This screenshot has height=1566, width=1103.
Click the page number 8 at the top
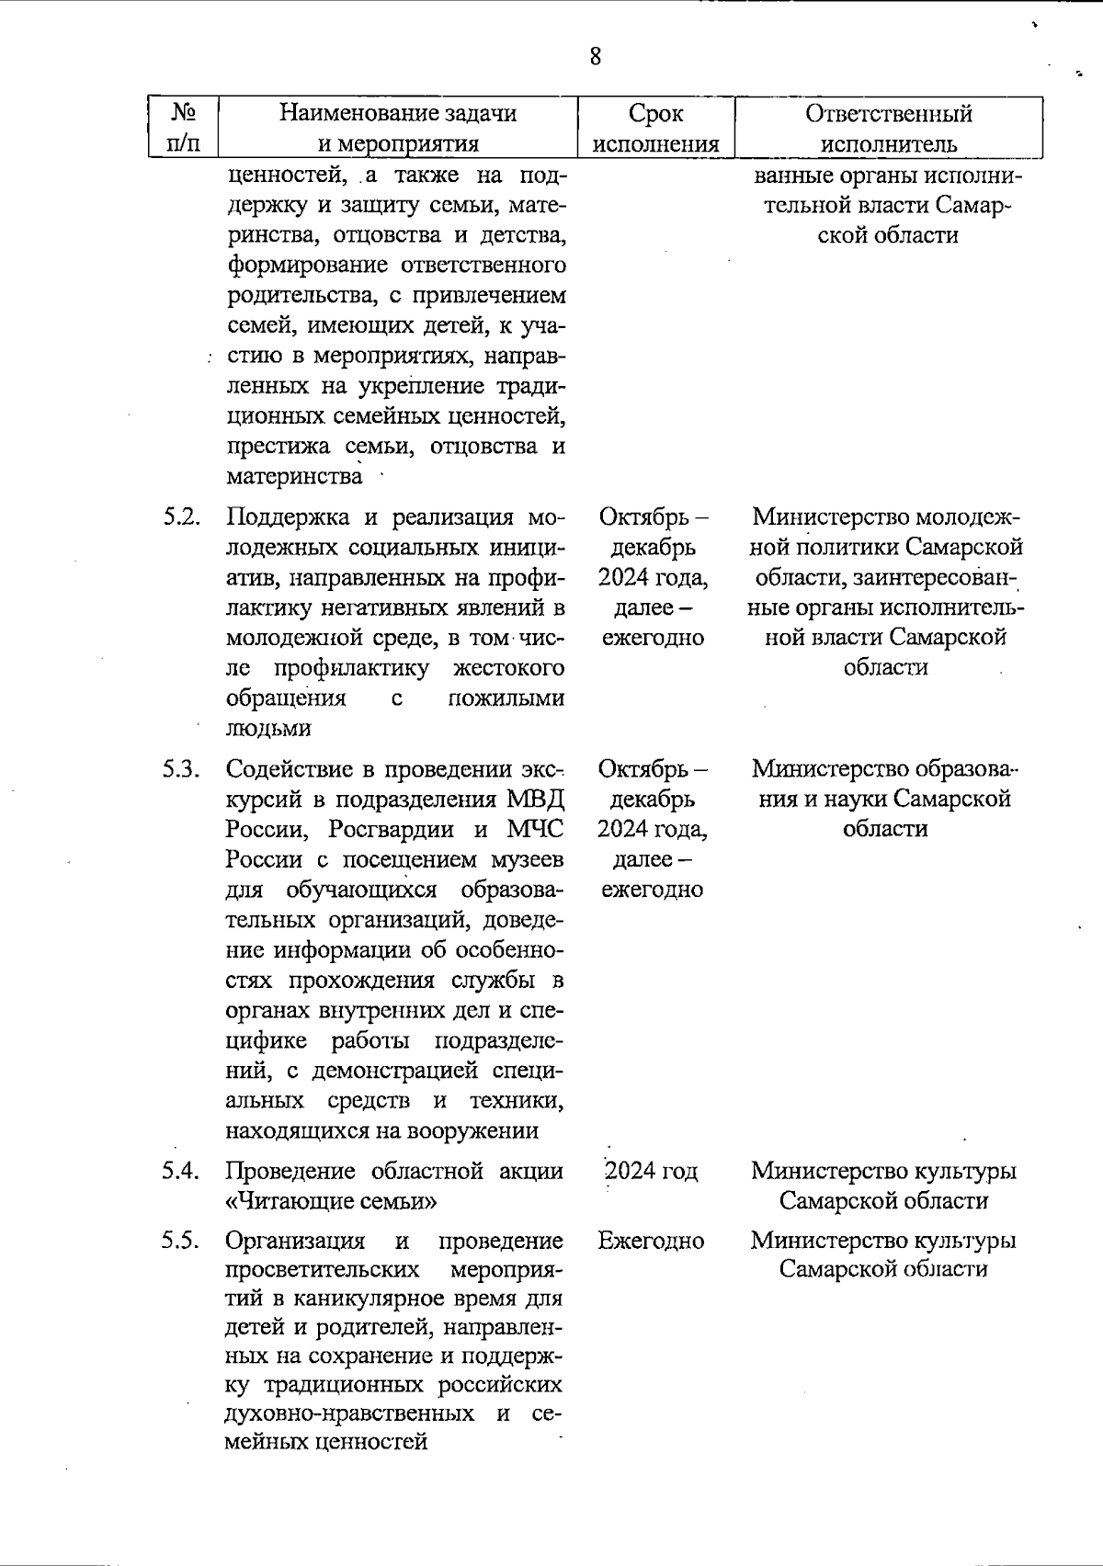(x=596, y=57)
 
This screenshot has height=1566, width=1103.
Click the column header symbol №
(x=184, y=113)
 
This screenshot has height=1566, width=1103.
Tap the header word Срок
(x=655, y=114)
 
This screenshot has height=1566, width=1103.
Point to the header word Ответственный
(x=888, y=114)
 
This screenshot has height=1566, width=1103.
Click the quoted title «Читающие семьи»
(x=331, y=1201)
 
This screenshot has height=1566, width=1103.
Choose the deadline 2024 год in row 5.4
(x=651, y=1172)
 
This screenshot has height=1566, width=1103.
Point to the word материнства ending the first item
(x=294, y=477)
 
